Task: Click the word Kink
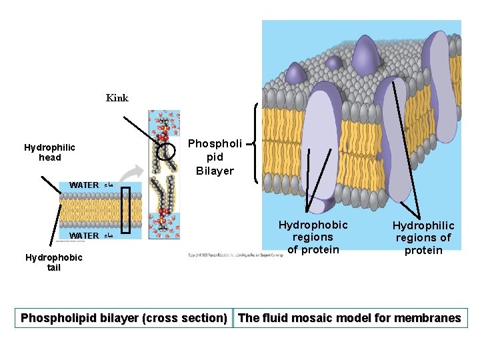point(117,98)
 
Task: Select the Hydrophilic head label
point(49,153)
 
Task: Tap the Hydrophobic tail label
point(53,263)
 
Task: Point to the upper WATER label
point(84,185)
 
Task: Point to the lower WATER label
point(84,235)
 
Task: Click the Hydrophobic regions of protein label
point(313,237)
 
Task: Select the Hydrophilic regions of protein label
point(423,238)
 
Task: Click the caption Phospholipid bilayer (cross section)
point(124,318)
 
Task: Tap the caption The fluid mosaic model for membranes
point(349,318)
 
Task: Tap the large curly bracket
point(258,142)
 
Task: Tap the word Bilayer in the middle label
point(215,171)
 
